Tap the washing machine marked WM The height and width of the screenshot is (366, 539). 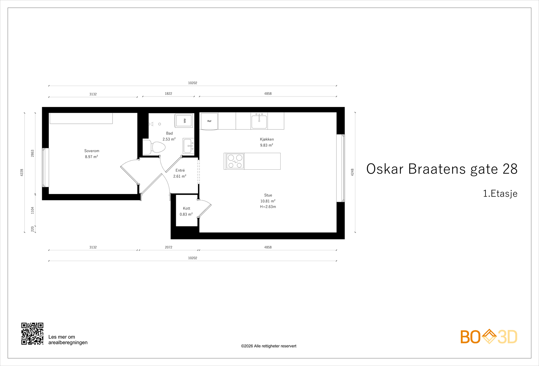click(x=184, y=120)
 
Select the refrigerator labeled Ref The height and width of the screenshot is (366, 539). click(x=209, y=121)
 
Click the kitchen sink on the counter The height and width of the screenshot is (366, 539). click(x=259, y=121)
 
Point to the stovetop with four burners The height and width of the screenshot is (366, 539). click(x=235, y=161)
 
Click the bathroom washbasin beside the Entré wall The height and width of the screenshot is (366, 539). click(x=188, y=146)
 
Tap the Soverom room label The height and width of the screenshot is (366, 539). click(x=92, y=151)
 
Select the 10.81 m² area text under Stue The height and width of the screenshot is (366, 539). click(x=268, y=201)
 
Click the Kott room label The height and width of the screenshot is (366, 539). click(x=186, y=208)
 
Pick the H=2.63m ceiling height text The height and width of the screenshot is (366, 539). click(x=268, y=207)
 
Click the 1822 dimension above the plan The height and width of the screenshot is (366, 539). click(x=168, y=93)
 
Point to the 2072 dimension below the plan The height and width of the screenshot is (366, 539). click(x=168, y=247)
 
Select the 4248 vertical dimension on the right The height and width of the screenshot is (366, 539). click(x=352, y=172)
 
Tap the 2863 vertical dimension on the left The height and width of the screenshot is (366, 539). click(x=33, y=153)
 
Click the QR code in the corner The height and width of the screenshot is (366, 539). click(x=32, y=334)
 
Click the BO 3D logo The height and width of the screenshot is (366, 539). click(x=488, y=337)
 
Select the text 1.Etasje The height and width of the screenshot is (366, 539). click(x=500, y=194)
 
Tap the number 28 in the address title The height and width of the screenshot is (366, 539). click(x=510, y=169)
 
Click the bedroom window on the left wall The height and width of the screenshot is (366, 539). click(x=45, y=167)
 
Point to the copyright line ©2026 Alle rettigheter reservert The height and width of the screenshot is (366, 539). click(x=268, y=346)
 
